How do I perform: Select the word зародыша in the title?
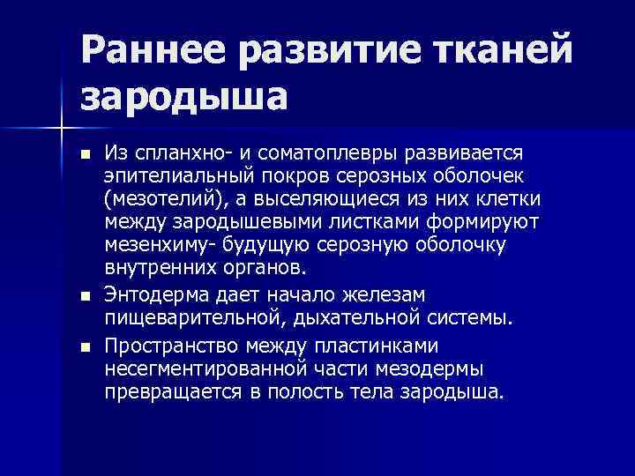(x=184, y=96)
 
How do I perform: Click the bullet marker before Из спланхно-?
(x=84, y=154)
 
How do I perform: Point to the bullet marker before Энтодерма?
(x=84, y=294)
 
